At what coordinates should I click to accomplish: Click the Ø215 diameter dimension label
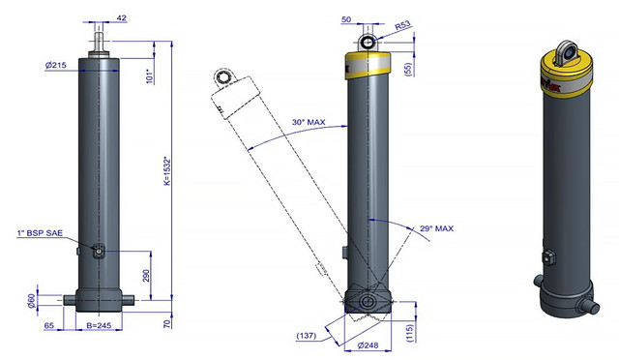click(x=56, y=65)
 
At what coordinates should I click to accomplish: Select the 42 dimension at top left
click(x=122, y=17)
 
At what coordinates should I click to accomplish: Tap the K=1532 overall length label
click(x=167, y=172)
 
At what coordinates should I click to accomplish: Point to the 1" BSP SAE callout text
click(x=40, y=233)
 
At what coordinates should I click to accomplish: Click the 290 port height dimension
click(x=146, y=276)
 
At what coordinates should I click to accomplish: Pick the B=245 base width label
click(x=99, y=325)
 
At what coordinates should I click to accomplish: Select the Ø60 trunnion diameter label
click(x=31, y=302)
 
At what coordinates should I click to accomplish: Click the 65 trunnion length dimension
click(x=49, y=325)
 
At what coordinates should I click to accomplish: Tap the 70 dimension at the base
click(x=167, y=323)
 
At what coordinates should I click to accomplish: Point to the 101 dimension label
click(x=149, y=76)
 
